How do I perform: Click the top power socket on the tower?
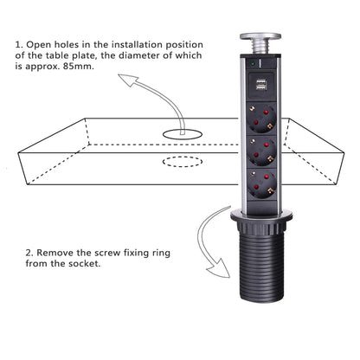[x=263, y=116]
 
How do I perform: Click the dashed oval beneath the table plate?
[x=183, y=161]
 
